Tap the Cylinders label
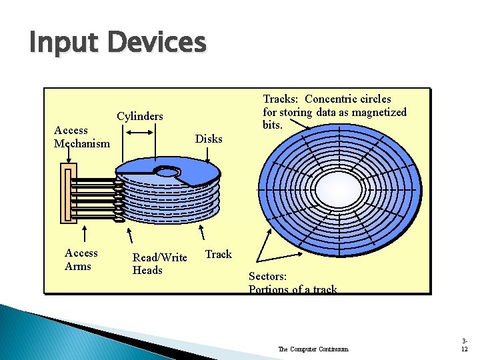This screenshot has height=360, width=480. coord(140,116)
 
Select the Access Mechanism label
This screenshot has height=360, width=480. coord(81,137)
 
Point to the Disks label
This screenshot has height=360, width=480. coord(209,139)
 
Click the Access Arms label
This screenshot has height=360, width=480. coord(81,259)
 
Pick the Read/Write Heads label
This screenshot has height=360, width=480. coord(159,263)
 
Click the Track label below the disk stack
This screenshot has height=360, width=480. coord(218,254)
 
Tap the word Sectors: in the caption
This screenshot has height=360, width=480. coord(267,276)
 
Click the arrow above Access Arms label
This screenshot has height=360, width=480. coord(85,234)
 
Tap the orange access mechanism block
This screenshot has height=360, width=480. coord(66,194)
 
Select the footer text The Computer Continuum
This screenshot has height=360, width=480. coord(313,349)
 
